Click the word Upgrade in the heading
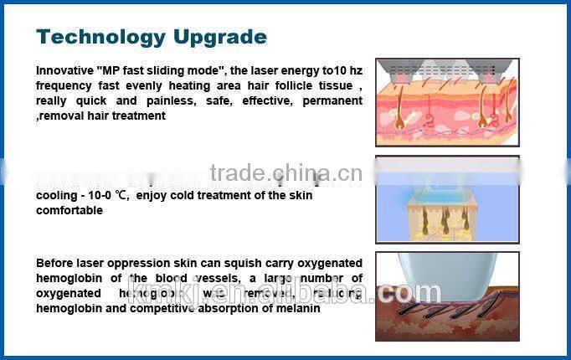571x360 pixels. pyautogui.click(x=220, y=37)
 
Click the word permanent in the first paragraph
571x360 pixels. pyautogui.click(x=335, y=101)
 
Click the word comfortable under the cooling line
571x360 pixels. pyautogui.click(x=69, y=211)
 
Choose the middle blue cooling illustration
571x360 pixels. pyautogui.click(x=447, y=200)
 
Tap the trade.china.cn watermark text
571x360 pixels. pyautogui.click(x=285, y=173)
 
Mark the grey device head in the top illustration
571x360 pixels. pyautogui.click(x=446, y=68)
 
